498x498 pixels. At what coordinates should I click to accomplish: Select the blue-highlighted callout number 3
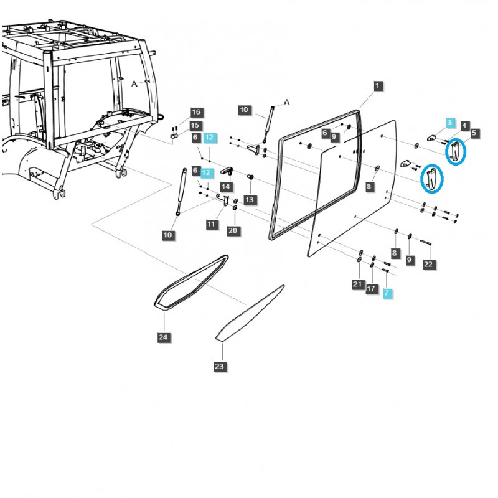click(x=451, y=123)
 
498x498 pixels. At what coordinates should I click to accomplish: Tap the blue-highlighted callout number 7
click(x=387, y=292)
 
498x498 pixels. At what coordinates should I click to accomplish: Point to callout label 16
click(x=196, y=112)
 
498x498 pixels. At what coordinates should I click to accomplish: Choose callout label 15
click(x=196, y=125)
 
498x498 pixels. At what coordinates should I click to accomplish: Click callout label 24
click(x=164, y=337)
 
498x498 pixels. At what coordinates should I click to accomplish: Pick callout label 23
click(x=219, y=367)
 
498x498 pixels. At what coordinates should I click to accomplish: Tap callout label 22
click(x=428, y=265)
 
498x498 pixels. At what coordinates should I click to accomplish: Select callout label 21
click(x=357, y=284)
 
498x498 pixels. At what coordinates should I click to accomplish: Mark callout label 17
click(x=372, y=288)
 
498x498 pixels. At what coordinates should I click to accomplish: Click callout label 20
click(x=233, y=230)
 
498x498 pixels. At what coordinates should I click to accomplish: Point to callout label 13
click(x=249, y=200)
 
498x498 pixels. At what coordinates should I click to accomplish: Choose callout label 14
click(x=225, y=186)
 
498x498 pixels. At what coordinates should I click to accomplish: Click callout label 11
click(x=212, y=223)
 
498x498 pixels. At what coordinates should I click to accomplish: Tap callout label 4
click(x=465, y=125)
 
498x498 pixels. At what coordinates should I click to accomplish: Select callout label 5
click(x=474, y=133)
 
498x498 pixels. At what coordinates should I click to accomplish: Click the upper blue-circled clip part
click(x=456, y=151)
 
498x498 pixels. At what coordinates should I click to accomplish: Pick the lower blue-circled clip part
click(x=431, y=179)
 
